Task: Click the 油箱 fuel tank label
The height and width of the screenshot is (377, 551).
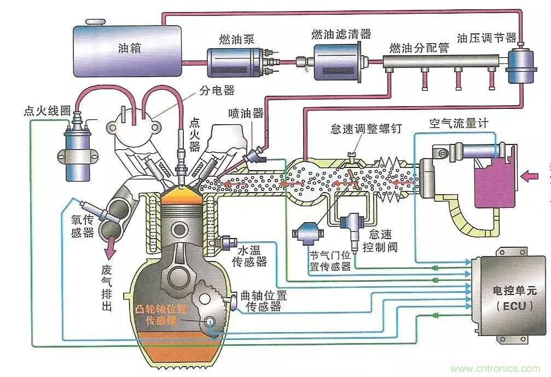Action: tap(129, 48)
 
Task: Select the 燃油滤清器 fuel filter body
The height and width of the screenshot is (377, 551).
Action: tap(339, 62)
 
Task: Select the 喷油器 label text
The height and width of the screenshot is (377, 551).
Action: tap(246, 113)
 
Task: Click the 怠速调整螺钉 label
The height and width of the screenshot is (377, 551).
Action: tap(366, 129)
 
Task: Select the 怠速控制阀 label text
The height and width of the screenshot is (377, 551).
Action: tap(383, 240)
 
